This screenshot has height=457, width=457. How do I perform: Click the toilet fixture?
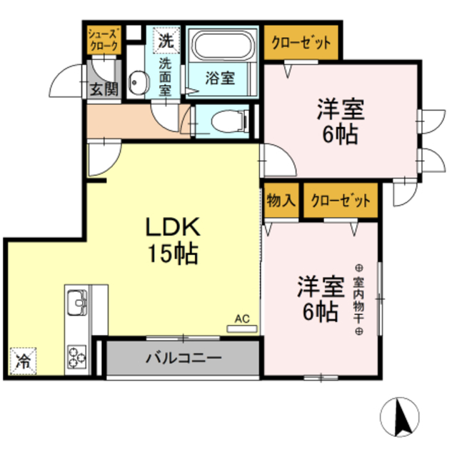pyautogui.click(x=228, y=122)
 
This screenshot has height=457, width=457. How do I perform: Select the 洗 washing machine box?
pyautogui.click(x=166, y=41)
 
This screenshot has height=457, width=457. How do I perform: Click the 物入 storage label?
pyautogui.click(x=281, y=199)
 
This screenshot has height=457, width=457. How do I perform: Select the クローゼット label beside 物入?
pyautogui.click(x=340, y=199)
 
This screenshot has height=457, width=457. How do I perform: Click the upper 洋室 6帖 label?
pyautogui.click(x=341, y=122)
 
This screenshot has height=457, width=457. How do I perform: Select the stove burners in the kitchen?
pyautogui.click(x=76, y=353)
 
